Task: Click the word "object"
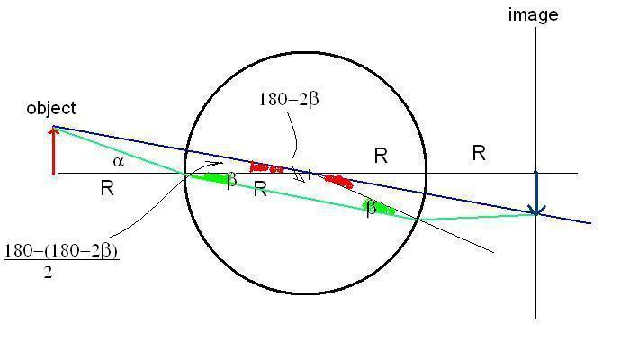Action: point(51,109)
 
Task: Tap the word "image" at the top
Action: point(533,15)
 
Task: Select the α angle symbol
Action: point(118,161)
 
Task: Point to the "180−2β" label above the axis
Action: point(289,99)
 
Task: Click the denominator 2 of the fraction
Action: point(48,273)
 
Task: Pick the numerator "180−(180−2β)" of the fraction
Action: point(61,251)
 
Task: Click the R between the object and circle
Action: point(107,188)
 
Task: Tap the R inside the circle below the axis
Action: point(260,189)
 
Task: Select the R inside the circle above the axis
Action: point(381,156)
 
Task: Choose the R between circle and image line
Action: point(479,153)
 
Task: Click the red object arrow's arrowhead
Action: point(54,130)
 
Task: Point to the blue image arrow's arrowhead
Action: point(536,210)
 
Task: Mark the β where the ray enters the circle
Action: point(231,180)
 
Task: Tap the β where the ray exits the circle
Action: point(371,208)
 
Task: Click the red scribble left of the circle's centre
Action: point(266,167)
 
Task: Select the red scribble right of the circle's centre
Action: point(338,182)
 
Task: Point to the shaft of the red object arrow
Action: point(54,154)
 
